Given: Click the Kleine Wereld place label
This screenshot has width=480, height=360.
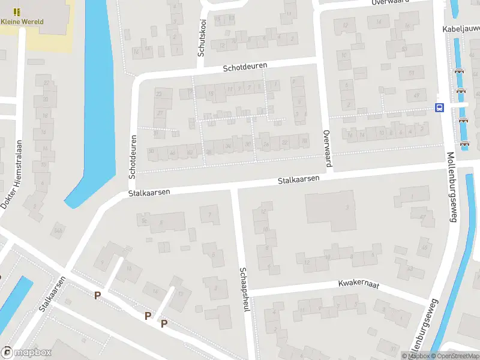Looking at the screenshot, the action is click(x=22, y=22).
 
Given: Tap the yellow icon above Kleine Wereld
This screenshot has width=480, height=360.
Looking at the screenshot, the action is click(x=17, y=11).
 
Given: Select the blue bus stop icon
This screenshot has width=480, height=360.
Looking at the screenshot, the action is click(x=439, y=108).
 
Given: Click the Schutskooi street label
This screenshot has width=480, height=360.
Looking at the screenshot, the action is click(x=202, y=37).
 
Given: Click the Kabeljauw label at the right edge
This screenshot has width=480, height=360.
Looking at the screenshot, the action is click(x=460, y=29).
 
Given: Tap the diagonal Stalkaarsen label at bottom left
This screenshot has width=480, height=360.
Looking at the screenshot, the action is click(x=52, y=294).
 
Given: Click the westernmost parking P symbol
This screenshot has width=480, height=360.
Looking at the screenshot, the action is click(x=98, y=295).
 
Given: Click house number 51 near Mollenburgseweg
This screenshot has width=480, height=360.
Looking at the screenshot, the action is click(x=412, y=73).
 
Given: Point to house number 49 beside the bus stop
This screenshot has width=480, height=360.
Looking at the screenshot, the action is click(x=416, y=95).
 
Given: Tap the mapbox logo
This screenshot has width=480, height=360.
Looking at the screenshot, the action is click(x=27, y=353).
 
